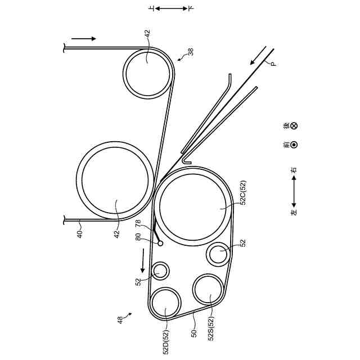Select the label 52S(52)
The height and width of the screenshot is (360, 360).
[211, 328]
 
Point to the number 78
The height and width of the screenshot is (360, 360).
[138, 224]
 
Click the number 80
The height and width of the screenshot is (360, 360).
[138, 237]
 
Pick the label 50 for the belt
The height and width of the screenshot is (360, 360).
[194, 334]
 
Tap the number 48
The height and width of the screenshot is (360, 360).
[120, 320]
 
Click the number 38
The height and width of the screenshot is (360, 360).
[191, 52]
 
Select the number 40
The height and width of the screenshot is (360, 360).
[79, 234]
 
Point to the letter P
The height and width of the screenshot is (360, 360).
[273, 64]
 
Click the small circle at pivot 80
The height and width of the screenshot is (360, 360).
[160, 243]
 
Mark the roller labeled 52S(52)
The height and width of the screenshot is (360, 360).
[208, 289]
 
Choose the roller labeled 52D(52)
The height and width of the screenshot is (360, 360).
[165, 303]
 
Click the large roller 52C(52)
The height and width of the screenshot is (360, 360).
[193, 206]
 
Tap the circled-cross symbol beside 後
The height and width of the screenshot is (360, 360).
[294, 126]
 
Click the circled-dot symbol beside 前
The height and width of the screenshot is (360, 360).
[294, 145]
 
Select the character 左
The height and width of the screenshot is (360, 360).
[294, 212]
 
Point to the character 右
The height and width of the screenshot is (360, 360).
[294, 170]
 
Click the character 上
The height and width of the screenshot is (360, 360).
[152, 9]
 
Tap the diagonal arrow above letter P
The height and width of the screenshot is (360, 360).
[258, 55]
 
